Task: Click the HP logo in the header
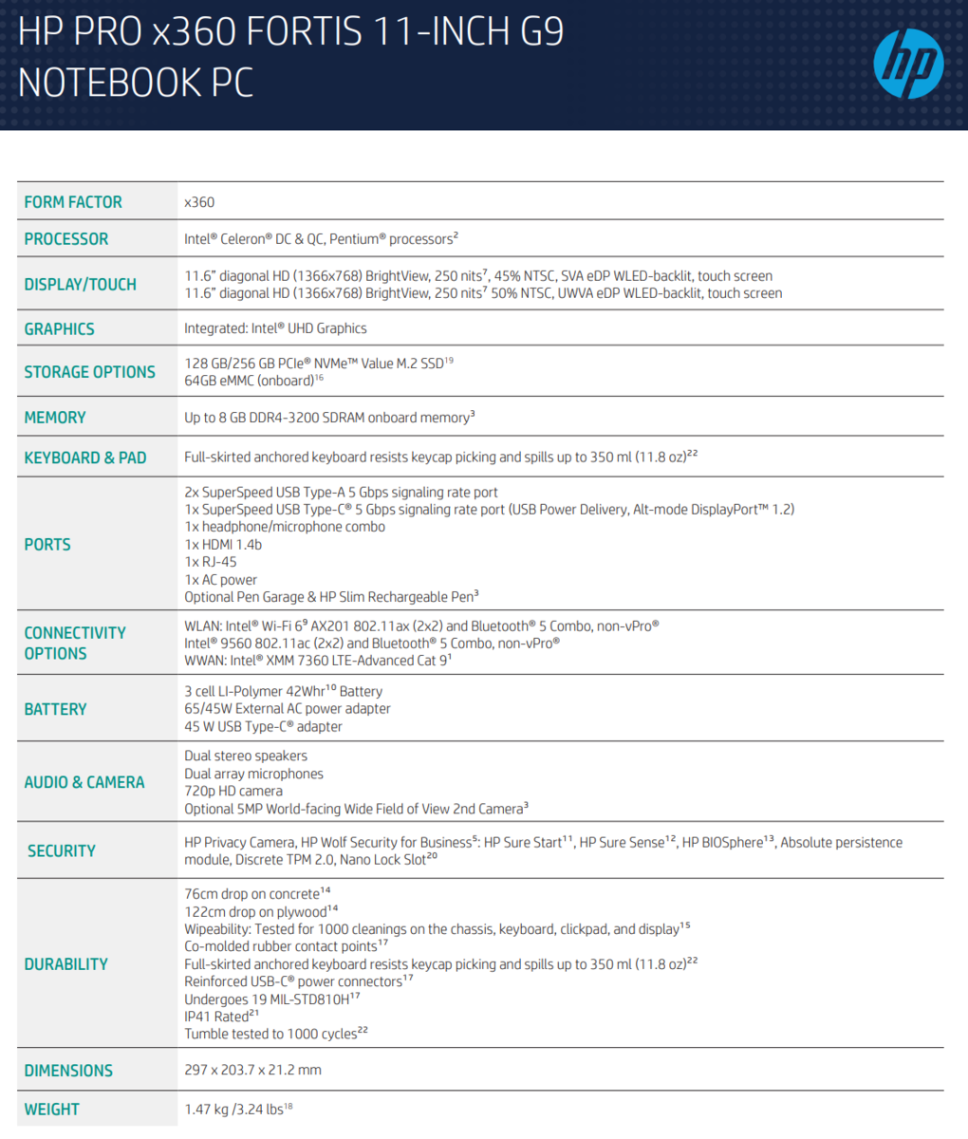coord(908,64)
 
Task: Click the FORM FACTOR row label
coord(73,202)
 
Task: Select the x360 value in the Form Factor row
coord(199,202)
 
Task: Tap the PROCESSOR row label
coord(66,239)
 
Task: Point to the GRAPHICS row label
coord(59,328)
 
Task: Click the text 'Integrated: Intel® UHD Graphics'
coord(275,328)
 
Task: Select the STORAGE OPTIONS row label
coord(89,372)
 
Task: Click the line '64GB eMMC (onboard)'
coord(249,381)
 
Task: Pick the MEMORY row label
coord(55,418)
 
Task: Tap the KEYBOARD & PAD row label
coord(85,457)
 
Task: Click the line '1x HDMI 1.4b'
coord(223,545)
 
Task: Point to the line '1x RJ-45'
coord(211,562)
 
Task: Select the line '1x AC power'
coord(220,580)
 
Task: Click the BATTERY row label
coord(55,709)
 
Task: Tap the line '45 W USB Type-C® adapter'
coord(263,727)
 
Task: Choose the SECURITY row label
coord(62,851)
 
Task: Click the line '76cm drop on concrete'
coord(251,894)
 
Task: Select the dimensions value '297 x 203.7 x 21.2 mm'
coord(252,1071)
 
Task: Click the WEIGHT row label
coord(52,1110)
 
